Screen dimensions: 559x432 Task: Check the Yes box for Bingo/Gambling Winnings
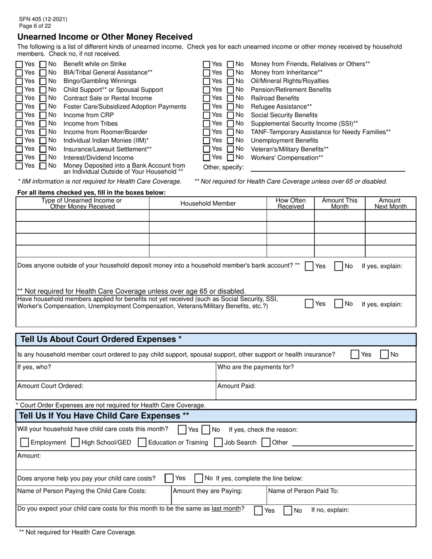[20, 81]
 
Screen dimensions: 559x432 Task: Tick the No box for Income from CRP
[43, 115]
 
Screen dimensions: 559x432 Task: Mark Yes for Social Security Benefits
[207, 115]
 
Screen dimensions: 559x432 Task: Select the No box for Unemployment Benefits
[231, 141]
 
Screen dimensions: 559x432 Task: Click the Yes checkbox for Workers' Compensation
[207, 158]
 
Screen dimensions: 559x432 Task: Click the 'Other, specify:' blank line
[327, 167]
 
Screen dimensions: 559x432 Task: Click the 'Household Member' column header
[208, 204]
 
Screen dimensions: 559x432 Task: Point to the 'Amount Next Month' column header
[390, 204]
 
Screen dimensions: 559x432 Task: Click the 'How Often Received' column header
[291, 204]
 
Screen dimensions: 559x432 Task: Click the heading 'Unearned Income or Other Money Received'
[105, 37]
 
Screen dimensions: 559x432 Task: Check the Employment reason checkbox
[25, 443]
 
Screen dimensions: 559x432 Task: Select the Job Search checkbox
[218, 443]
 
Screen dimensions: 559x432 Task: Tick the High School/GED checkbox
[76, 443]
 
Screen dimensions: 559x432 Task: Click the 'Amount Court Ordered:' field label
[50, 386]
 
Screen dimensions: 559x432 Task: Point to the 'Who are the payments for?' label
[256, 367]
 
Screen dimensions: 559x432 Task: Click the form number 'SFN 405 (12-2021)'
[43, 20]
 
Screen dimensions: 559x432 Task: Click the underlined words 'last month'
[226, 509]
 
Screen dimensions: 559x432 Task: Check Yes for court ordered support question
[355, 354]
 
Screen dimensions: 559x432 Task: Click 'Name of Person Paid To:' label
[303, 491]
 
